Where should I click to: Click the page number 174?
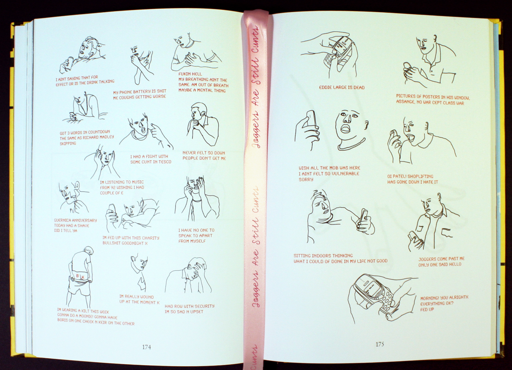146,347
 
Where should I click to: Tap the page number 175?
380,344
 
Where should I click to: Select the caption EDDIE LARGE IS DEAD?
342,87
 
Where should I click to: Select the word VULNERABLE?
345,174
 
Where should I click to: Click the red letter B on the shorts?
77,276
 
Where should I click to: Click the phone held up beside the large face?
311,119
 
